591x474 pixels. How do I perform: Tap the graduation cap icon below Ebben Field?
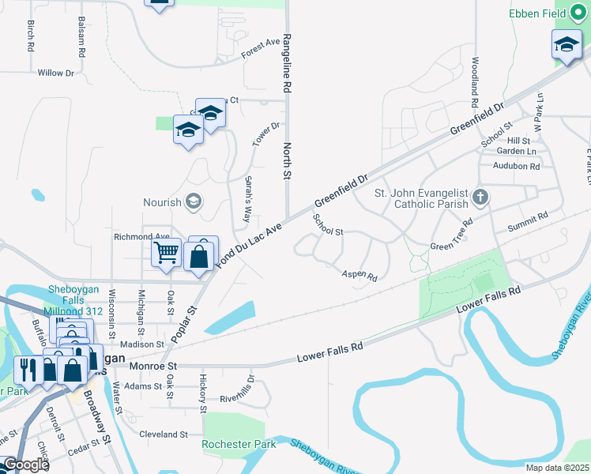tap(566, 45)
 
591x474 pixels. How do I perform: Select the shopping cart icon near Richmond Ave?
tap(166, 254)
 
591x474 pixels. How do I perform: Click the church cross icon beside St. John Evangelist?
tap(480, 195)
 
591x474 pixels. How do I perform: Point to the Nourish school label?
tap(162, 202)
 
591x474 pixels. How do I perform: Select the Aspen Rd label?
tap(359, 276)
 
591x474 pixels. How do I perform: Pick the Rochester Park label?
tap(239, 445)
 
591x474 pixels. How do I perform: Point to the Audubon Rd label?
tap(515, 166)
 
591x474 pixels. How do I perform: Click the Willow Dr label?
tap(55, 73)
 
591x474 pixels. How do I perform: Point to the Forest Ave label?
tap(262, 49)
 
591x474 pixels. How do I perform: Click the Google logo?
tap(26, 465)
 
